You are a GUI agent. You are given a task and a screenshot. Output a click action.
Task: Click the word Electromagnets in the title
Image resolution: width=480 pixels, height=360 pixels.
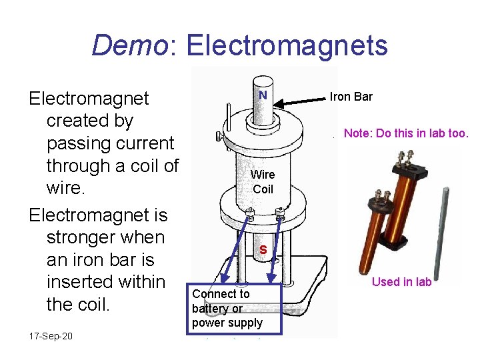287,45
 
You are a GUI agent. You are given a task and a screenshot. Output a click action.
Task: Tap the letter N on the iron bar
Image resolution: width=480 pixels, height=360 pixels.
263,95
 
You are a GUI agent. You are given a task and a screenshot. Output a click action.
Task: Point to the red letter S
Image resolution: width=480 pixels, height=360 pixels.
263,250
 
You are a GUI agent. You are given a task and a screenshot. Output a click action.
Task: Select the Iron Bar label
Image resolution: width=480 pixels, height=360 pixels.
351,97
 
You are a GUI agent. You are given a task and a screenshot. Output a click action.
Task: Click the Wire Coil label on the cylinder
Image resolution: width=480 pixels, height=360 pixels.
263,181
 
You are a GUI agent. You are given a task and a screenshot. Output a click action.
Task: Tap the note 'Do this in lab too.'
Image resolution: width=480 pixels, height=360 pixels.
406,133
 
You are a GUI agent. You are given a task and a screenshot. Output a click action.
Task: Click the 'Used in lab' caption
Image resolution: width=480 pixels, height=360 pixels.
401,281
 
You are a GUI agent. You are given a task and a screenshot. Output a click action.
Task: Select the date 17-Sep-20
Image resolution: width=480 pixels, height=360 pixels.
51,335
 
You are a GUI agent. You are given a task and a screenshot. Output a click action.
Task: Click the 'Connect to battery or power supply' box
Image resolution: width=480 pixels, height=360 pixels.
227,308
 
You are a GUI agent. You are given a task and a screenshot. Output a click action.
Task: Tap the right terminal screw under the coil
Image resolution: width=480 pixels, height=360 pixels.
280,215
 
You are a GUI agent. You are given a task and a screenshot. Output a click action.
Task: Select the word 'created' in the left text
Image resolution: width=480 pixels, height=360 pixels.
90,121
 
